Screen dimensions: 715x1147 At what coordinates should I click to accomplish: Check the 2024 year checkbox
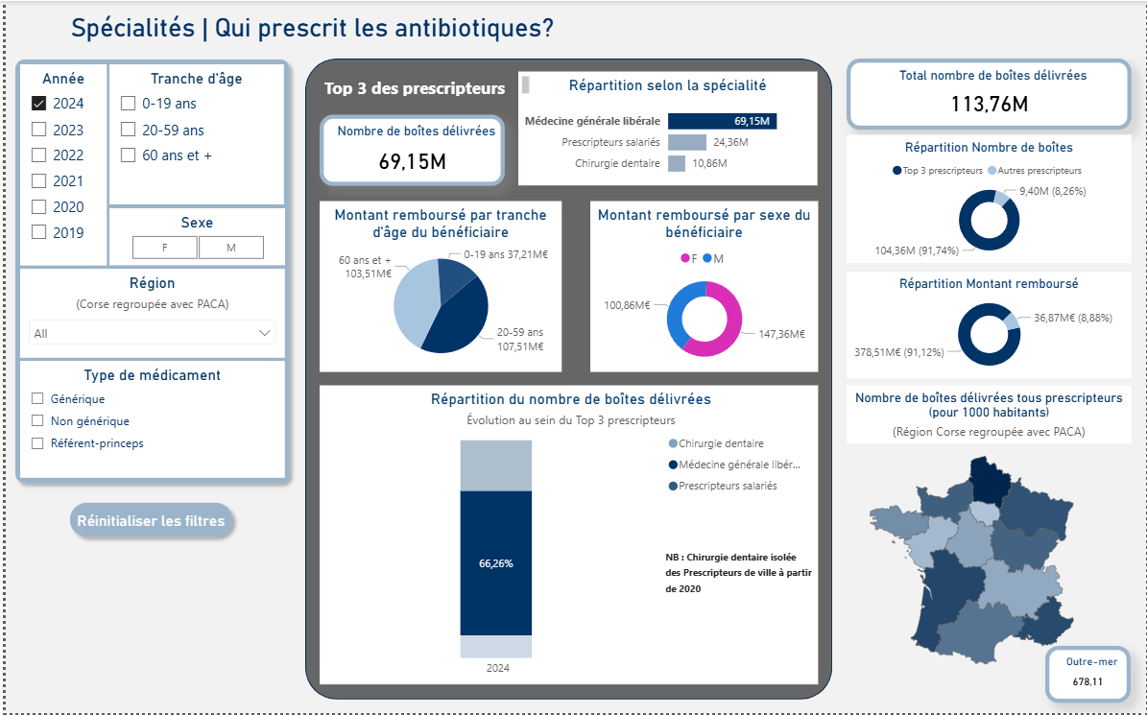(39, 104)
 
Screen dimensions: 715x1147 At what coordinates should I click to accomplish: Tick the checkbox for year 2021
(39, 181)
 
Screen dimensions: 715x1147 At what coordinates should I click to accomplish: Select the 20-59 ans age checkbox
(128, 130)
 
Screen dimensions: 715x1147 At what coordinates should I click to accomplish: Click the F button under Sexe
(165, 248)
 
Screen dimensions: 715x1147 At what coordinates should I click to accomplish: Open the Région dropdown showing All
(153, 333)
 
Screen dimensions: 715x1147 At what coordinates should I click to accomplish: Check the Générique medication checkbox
(38, 398)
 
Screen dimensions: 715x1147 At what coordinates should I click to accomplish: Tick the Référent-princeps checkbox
(38, 443)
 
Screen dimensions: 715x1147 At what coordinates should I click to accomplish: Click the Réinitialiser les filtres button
(151, 521)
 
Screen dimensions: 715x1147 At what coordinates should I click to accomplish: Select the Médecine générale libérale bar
(722, 121)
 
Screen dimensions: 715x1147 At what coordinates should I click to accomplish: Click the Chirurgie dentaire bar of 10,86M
(677, 164)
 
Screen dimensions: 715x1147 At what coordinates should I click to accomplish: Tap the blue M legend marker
(707, 259)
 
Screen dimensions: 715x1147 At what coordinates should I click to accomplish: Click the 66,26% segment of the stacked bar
(495, 562)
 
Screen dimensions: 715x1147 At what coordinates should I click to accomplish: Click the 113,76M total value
(989, 104)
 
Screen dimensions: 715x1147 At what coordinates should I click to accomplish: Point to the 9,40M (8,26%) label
(1053, 191)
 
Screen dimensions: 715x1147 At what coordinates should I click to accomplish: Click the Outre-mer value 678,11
(1087, 681)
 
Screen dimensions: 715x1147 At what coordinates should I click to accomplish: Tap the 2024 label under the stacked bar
(497, 668)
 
